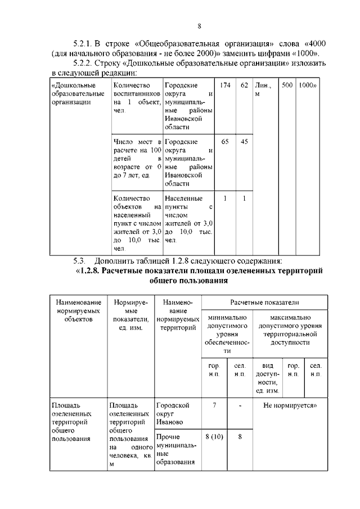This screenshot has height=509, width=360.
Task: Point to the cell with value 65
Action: point(225,142)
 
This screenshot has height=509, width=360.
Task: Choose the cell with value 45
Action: point(244,142)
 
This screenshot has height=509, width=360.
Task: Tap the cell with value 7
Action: point(215,405)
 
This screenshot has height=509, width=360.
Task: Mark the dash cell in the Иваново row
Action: point(240,405)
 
